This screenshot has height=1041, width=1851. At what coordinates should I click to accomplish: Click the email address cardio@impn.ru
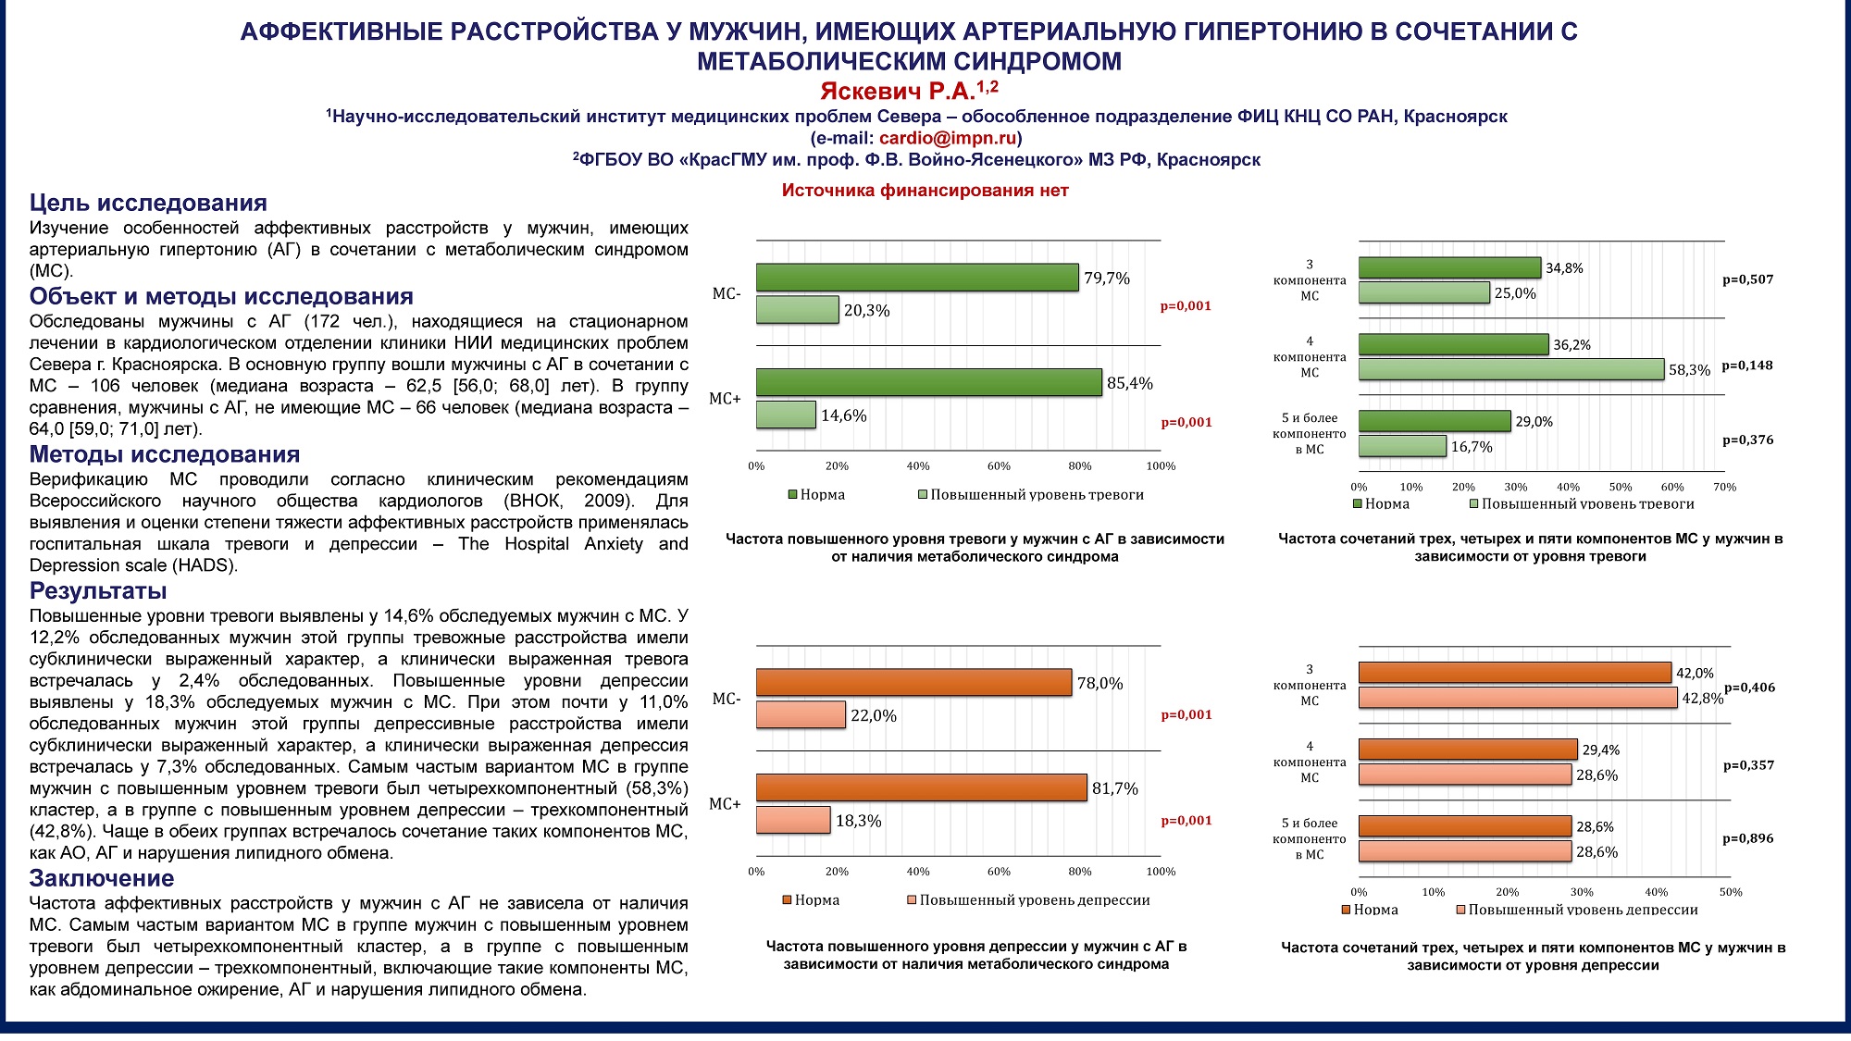pyautogui.click(x=948, y=139)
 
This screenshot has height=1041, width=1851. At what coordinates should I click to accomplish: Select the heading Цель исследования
pyautogui.click(x=148, y=203)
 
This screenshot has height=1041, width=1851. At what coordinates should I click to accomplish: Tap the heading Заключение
pyautogui.click(x=102, y=878)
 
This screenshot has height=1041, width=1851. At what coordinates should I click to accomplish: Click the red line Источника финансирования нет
pyautogui.click(x=925, y=191)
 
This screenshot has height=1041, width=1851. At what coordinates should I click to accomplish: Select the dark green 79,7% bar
pyautogui.click(x=916, y=278)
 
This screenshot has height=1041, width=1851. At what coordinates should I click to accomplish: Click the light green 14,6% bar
pyautogui.click(x=786, y=415)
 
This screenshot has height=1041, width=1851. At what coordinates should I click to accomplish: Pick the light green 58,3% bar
pyautogui.click(x=1510, y=369)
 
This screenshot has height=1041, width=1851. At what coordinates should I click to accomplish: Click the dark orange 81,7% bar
pyautogui.click(x=921, y=787)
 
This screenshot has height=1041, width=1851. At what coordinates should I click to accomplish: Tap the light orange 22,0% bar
pyautogui.click(x=801, y=714)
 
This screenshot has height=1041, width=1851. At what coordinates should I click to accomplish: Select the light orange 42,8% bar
pyautogui.click(x=1517, y=698)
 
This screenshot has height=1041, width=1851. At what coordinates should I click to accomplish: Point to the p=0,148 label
pyautogui.click(x=1747, y=366)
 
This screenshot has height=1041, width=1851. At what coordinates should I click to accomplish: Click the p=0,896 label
pyautogui.click(x=1747, y=839)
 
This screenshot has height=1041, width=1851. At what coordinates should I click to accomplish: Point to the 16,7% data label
pyautogui.click(x=1472, y=447)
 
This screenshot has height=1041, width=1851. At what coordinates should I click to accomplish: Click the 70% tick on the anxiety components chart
pyautogui.click(x=1724, y=487)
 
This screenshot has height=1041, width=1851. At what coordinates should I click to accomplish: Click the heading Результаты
pyautogui.click(x=98, y=591)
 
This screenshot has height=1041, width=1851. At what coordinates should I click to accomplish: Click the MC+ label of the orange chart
pyautogui.click(x=725, y=804)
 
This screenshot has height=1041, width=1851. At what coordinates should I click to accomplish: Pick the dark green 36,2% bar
pyautogui.click(x=1453, y=344)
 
